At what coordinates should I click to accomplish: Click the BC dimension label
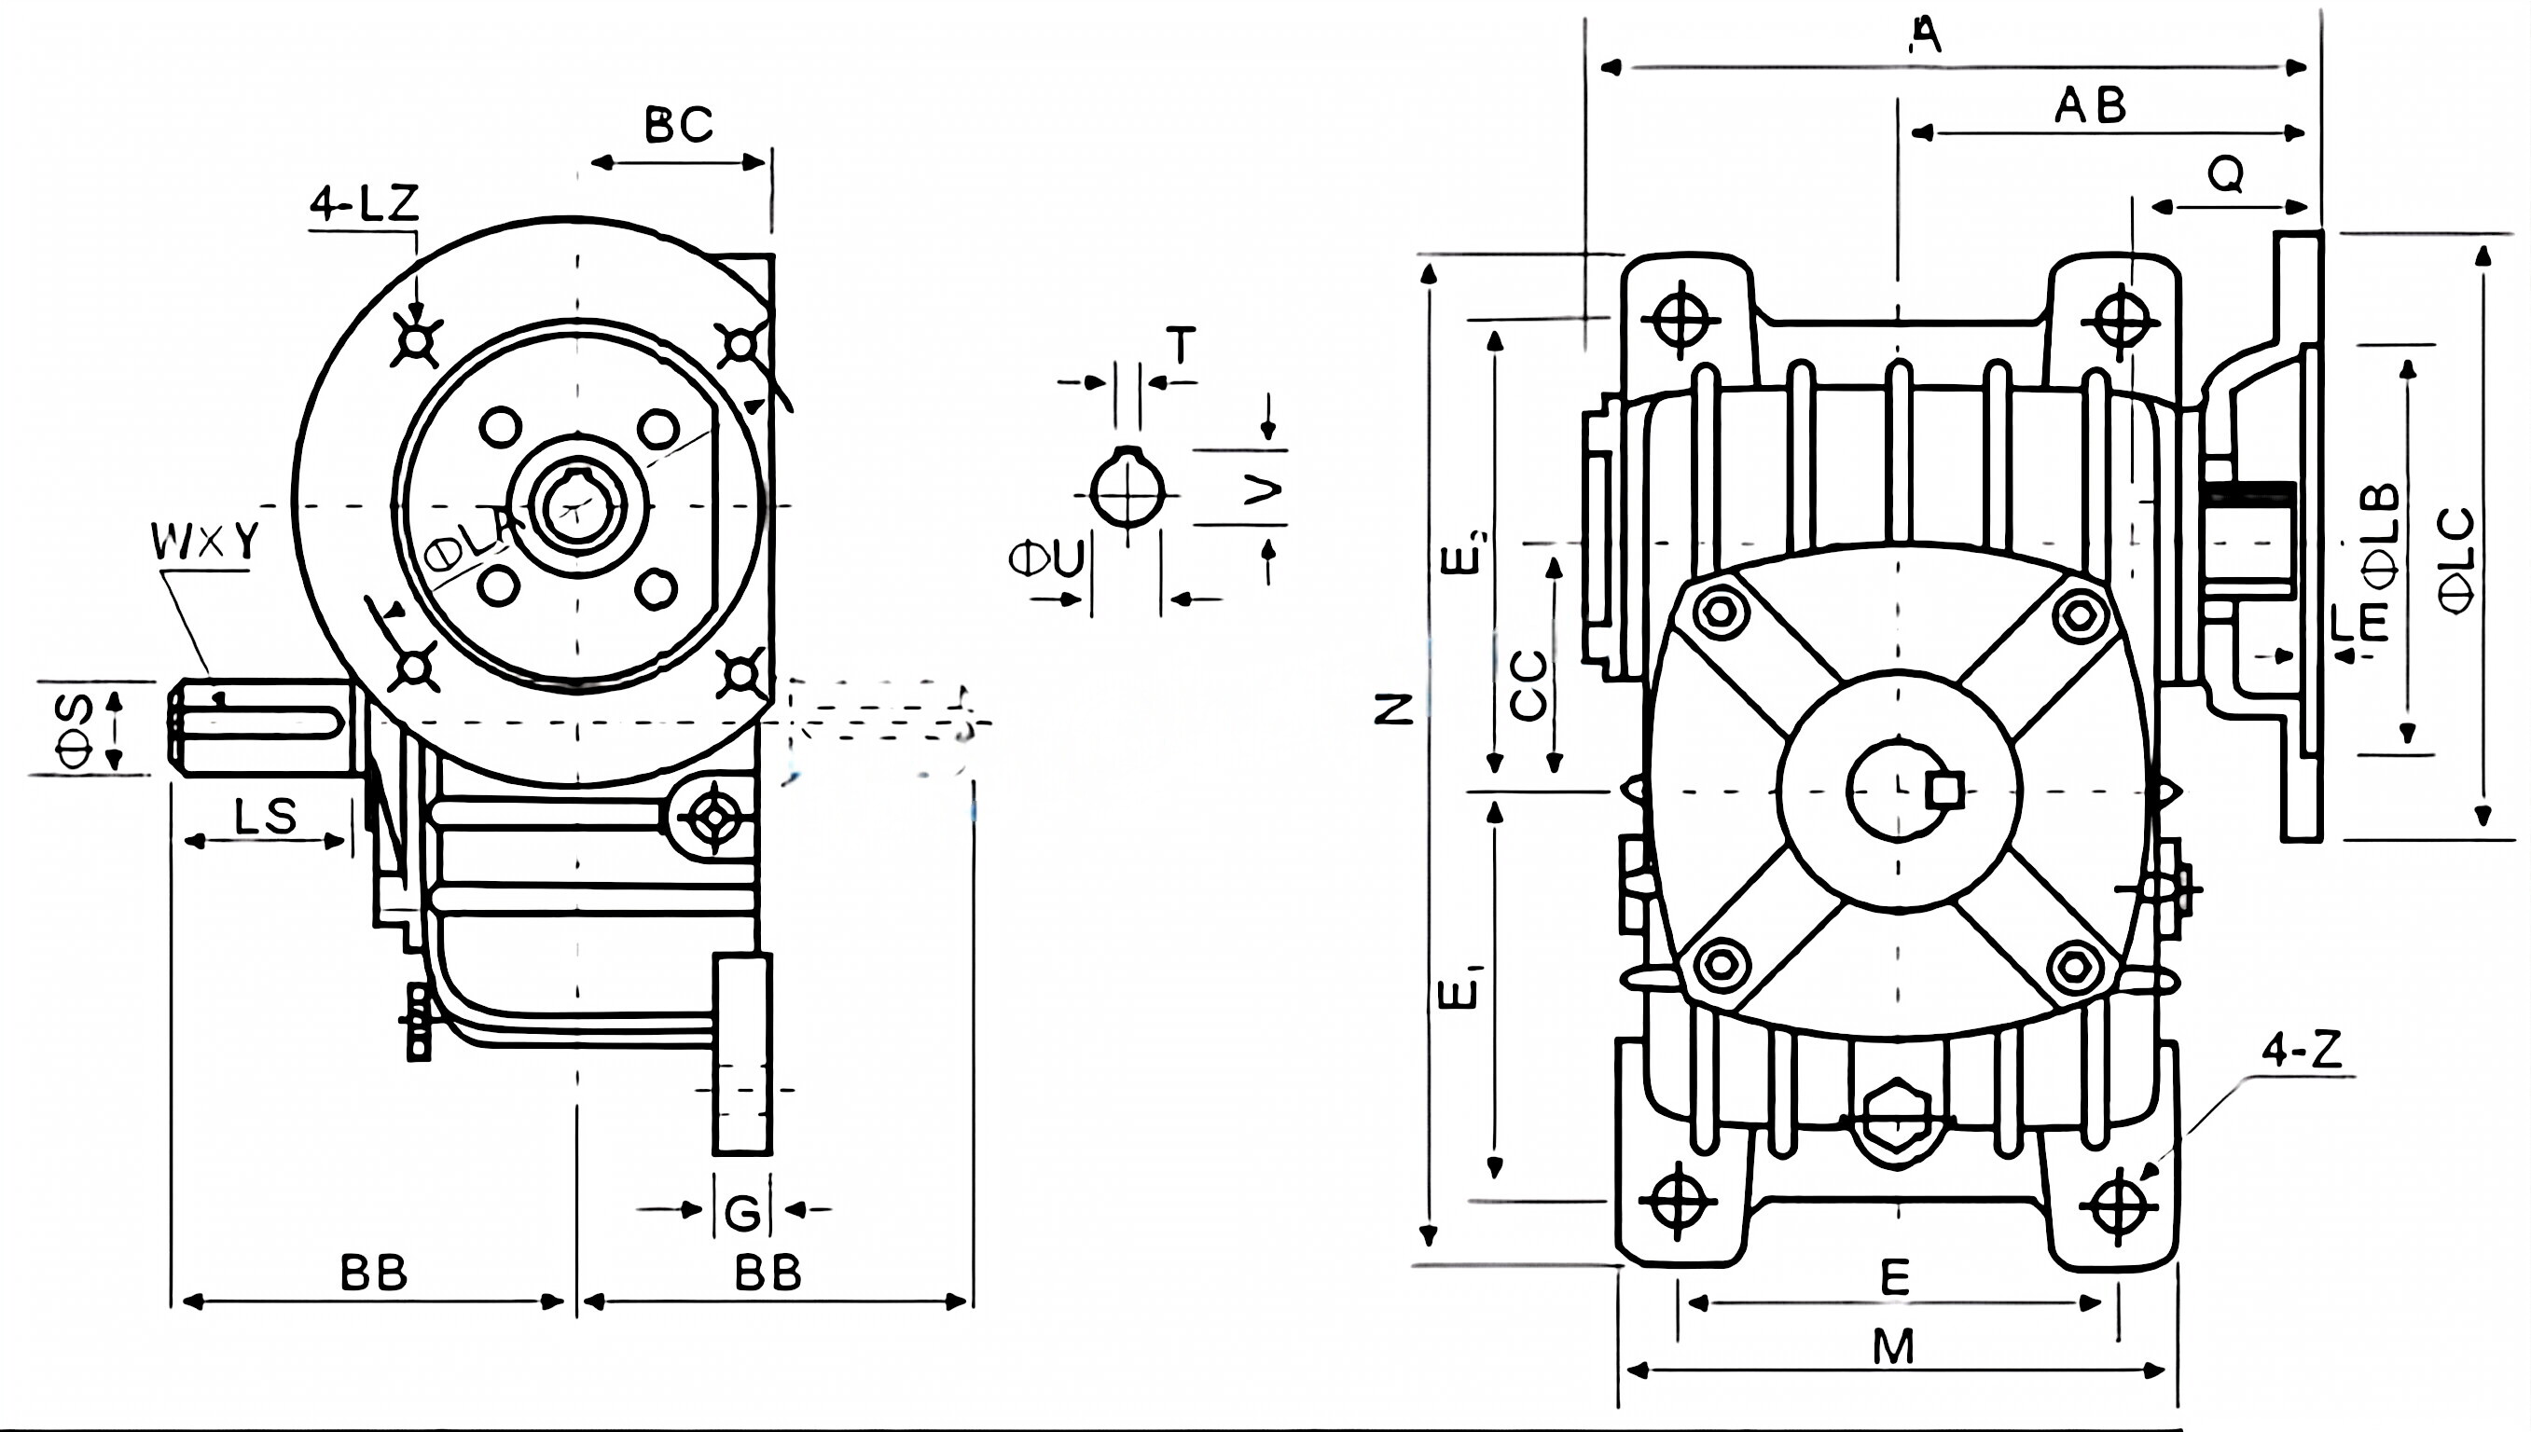click(679, 125)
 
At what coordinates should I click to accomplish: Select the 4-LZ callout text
click(365, 203)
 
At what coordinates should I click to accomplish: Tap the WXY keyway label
click(205, 541)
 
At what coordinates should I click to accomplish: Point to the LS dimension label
click(267, 817)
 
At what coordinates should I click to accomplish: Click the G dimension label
click(742, 1213)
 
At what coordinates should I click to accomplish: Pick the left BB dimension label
click(374, 1274)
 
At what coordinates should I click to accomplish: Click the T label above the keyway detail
click(1181, 345)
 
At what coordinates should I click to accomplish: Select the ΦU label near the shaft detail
click(1046, 558)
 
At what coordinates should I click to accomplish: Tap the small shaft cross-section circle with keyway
click(1127, 490)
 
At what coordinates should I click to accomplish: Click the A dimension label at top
click(1926, 35)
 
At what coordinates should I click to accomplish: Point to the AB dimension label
click(2090, 105)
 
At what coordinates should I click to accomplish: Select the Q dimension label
click(2226, 175)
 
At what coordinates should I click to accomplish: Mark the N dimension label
click(1394, 709)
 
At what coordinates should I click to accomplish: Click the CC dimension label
click(1528, 685)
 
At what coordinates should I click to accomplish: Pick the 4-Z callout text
click(2302, 1052)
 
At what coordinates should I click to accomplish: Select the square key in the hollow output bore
click(1944, 790)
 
